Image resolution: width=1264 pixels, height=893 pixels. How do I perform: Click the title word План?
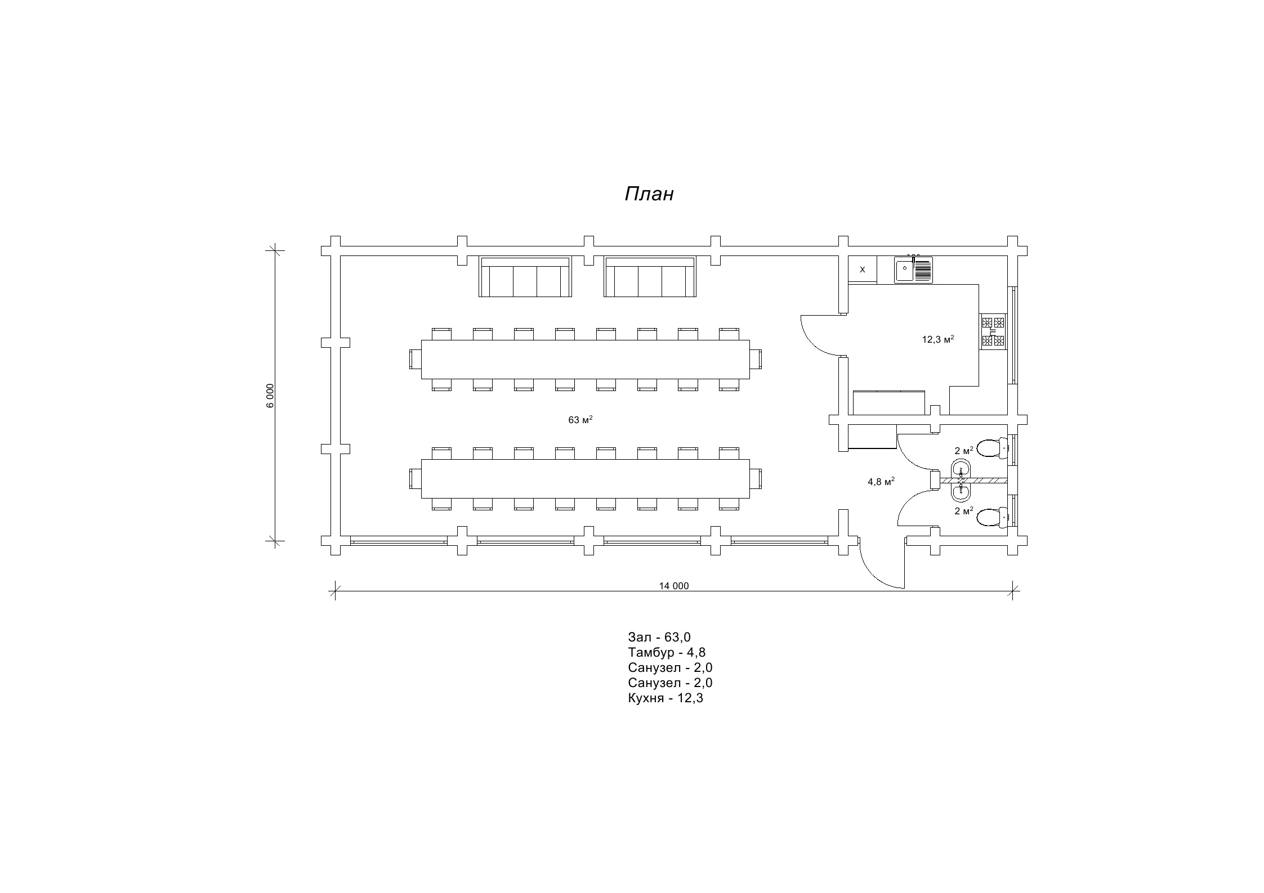click(x=649, y=194)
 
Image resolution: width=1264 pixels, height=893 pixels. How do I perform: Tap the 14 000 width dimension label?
click(x=674, y=586)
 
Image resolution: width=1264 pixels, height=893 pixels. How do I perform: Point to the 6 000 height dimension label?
click(x=270, y=396)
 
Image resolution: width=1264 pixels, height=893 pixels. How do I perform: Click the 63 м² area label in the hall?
click(x=580, y=420)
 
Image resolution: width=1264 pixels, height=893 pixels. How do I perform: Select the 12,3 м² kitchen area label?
click(x=937, y=339)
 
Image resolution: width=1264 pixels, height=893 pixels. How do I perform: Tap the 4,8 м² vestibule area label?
click(x=881, y=482)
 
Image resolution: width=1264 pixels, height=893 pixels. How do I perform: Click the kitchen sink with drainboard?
click(x=913, y=270)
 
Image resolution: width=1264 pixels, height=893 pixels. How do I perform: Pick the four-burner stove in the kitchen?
click(x=993, y=331)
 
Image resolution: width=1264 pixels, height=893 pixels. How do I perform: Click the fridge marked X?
click(x=863, y=270)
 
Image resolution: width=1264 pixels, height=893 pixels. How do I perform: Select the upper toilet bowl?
click(x=992, y=448)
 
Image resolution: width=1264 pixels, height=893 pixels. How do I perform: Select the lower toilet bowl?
click(x=992, y=517)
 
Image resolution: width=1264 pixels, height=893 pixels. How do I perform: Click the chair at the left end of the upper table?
click(x=416, y=358)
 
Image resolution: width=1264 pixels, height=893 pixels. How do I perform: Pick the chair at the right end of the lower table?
click(x=756, y=479)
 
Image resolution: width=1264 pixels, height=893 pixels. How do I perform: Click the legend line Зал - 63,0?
click(x=659, y=637)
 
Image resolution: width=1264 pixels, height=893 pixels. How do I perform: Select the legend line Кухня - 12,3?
click(x=666, y=698)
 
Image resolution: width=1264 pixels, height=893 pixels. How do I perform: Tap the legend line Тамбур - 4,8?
click(x=667, y=652)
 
